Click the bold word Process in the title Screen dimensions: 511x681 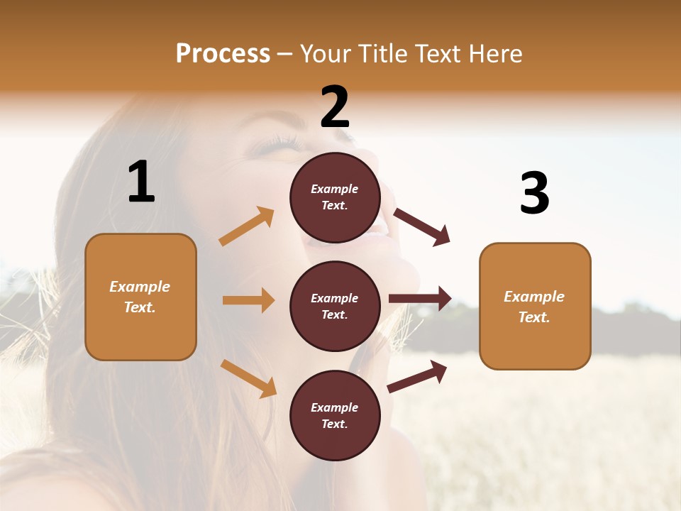(223, 53)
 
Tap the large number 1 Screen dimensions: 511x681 (141, 182)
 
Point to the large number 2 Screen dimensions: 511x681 (335, 106)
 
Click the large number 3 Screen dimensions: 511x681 (534, 193)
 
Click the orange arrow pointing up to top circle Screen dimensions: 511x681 (247, 226)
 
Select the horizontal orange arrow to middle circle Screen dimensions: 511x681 (248, 300)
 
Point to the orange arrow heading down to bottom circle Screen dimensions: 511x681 (248, 378)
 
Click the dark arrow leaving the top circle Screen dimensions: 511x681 (422, 227)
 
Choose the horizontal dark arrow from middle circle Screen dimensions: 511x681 (420, 298)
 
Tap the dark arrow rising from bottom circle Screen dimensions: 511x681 (417, 376)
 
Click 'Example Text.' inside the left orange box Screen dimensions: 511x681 (140, 297)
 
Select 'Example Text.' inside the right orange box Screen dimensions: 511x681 (534, 307)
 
